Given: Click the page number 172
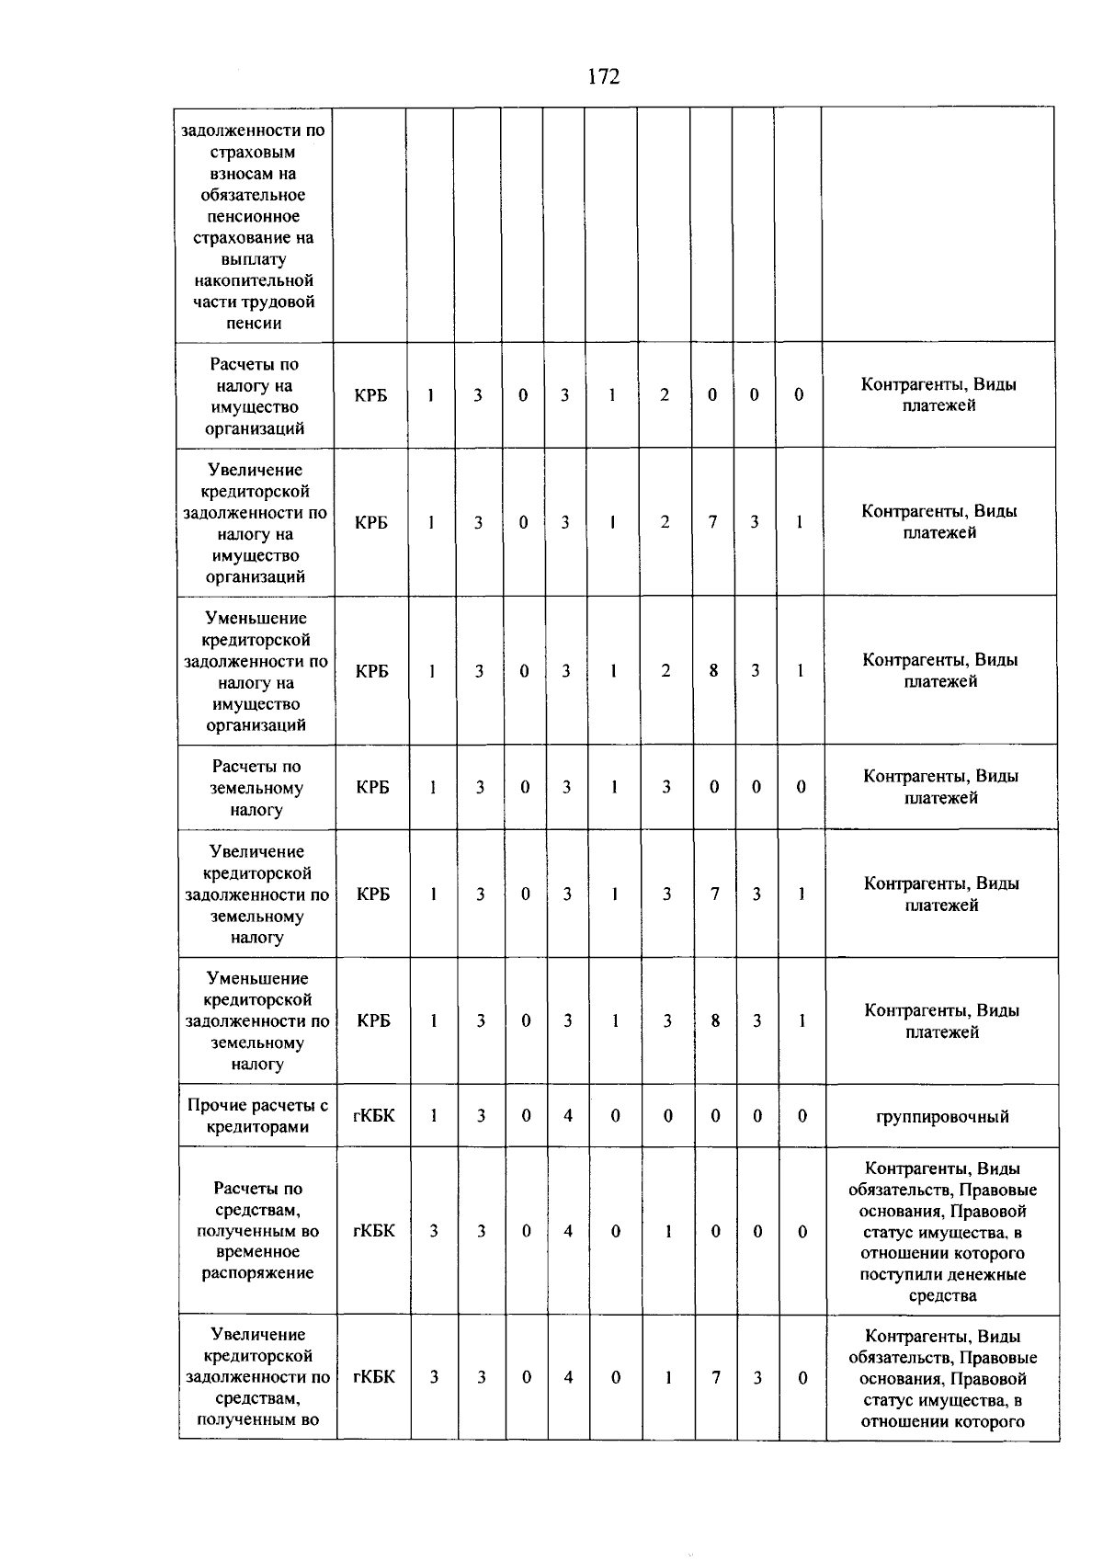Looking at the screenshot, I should [603, 77].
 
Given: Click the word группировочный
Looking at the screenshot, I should [942, 1117].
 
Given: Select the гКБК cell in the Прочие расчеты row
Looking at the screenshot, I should [374, 1115].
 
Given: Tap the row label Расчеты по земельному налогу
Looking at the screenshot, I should [256, 788].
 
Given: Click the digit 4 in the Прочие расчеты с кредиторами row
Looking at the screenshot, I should [568, 1115].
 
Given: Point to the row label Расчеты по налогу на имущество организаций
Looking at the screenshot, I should [255, 396].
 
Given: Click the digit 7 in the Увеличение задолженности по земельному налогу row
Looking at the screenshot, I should [714, 894].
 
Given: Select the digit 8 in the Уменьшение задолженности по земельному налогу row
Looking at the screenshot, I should [715, 1020].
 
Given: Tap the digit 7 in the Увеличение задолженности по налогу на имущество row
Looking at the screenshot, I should [712, 522].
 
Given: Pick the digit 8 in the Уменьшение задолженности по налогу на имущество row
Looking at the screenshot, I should [713, 670].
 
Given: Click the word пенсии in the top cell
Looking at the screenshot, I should [254, 324].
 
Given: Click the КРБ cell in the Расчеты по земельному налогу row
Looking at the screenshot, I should [372, 788].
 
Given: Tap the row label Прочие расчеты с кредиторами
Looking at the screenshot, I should [257, 1116].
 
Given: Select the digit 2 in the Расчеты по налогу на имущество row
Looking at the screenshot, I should [665, 394].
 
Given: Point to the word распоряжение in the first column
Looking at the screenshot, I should [257, 1273].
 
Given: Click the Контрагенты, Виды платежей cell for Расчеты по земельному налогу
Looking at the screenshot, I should [941, 787].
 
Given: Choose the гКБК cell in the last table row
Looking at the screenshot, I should [374, 1377].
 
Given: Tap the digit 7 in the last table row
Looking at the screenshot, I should [715, 1377].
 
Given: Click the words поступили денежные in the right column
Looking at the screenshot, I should [943, 1274].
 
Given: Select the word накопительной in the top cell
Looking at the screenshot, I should [255, 280].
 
